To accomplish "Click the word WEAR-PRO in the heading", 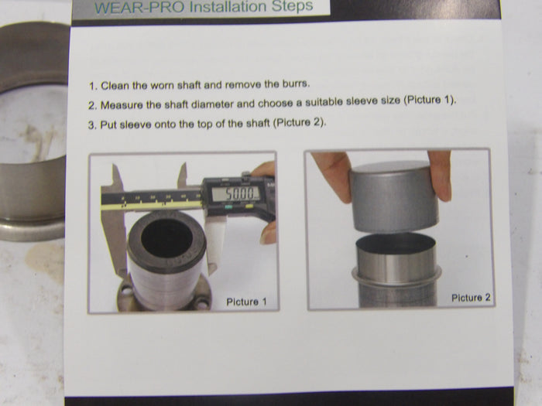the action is click(139, 8).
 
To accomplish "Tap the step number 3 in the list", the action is click(91, 125).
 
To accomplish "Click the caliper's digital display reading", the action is click(235, 193).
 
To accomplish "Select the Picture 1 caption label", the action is click(246, 302).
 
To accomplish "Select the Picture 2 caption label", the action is click(471, 298).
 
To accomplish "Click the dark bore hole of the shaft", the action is click(166, 238).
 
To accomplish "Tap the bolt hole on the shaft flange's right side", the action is click(202, 304).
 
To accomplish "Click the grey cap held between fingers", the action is click(394, 196).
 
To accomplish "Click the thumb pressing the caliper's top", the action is click(263, 169).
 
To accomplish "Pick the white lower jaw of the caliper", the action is click(215, 246).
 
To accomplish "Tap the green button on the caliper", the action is click(228, 207).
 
